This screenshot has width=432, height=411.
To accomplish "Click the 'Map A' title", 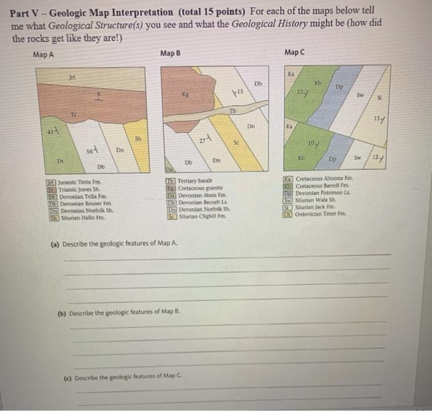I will click(x=43, y=54).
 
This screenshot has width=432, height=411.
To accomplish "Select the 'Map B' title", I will click(x=170, y=54).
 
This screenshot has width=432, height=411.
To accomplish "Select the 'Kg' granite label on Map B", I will click(x=185, y=96).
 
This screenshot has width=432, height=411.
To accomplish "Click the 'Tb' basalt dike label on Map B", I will click(x=233, y=111).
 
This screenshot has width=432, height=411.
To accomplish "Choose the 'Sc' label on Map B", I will click(x=236, y=142).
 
